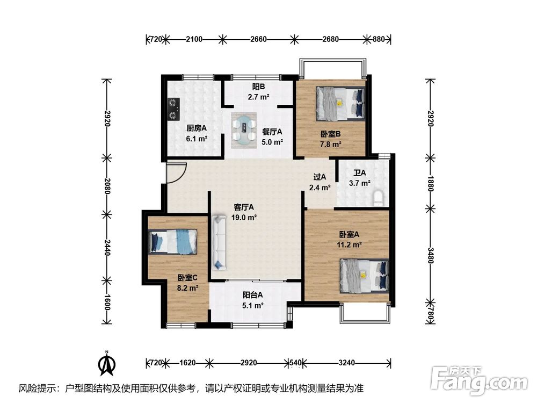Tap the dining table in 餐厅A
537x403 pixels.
[244, 130]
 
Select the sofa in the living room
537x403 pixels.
[219, 242]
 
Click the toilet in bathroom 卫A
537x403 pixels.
[378, 199]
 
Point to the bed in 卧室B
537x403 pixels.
[340, 103]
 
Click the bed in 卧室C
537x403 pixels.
[172, 242]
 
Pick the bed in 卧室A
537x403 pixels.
[365, 276]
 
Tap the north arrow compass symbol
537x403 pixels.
[107, 363]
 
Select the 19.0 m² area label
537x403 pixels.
[244, 218]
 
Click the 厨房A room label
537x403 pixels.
[197, 128]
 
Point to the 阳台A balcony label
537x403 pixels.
[253, 294]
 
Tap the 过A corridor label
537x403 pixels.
[320, 177]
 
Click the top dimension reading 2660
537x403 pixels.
[258, 39]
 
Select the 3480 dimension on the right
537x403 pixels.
[431, 256]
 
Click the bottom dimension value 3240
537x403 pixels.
[346, 363]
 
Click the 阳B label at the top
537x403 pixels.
[258, 87]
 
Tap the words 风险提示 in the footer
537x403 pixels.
[34, 388]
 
